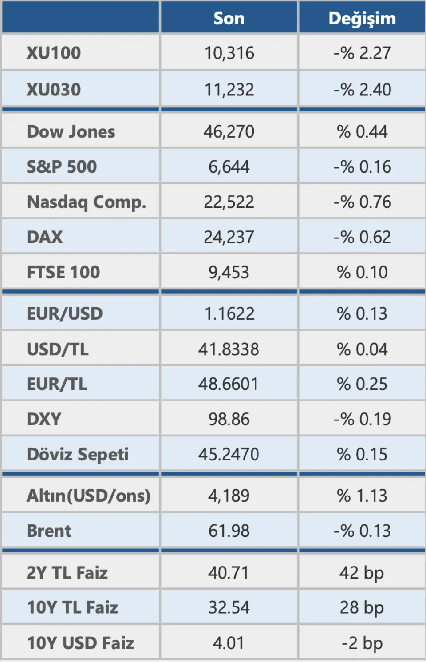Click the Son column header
[229, 18]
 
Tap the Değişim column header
[362, 18]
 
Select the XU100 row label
[54, 53]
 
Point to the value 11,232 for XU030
[229, 90]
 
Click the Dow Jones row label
[71, 131]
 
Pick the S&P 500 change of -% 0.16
[362, 167]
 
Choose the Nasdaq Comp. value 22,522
[229, 202]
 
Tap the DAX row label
[45, 237]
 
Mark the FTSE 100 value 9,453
[229, 272]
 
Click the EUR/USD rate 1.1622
[229, 314]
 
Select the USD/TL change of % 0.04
[362, 349]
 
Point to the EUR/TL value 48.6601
[229, 384]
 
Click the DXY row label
[44, 419]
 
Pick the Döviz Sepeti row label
[78, 454]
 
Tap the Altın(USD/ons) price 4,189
[229, 496]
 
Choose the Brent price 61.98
[229, 531]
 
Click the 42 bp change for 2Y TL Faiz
[362, 573]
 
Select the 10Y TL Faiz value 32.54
[229, 607]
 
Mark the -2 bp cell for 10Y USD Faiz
[362, 643]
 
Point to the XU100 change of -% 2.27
[362, 53]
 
